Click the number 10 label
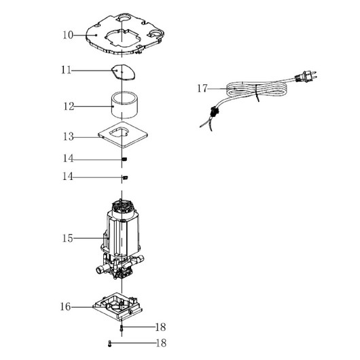click(68, 35)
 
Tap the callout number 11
click(66, 70)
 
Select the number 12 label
click(69, 107)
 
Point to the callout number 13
click(68, 137)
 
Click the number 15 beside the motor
click(67, 238)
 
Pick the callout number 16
click(65, 307)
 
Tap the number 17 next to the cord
click(202, 88)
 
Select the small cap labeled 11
click(124, 72)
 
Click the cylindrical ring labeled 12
click(124, 105)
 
